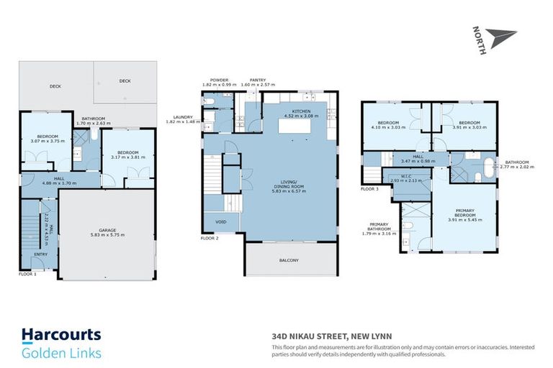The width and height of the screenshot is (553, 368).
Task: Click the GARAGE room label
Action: coord(107,230)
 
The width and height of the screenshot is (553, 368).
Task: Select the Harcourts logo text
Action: coord(61,336)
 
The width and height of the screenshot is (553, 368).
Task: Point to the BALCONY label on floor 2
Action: coord(290,260)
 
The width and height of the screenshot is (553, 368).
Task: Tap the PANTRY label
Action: coord(258,80)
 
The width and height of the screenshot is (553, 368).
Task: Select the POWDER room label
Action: coord(219,80)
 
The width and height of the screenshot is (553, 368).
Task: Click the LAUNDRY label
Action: coord(184,117)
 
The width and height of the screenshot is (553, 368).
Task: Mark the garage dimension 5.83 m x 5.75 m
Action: coord(107,236)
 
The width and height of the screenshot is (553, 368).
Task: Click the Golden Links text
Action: coord(61,352)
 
